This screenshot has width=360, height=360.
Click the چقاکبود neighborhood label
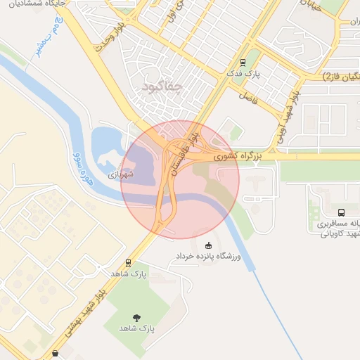click(x=162, y=86)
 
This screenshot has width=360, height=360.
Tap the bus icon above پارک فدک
click(x=243, y=62)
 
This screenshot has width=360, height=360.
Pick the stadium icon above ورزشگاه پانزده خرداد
click(x=207, y=245)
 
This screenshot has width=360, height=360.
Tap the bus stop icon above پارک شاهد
click(x=128, y=262)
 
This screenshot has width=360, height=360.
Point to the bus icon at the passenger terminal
click(x=341, y=212)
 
